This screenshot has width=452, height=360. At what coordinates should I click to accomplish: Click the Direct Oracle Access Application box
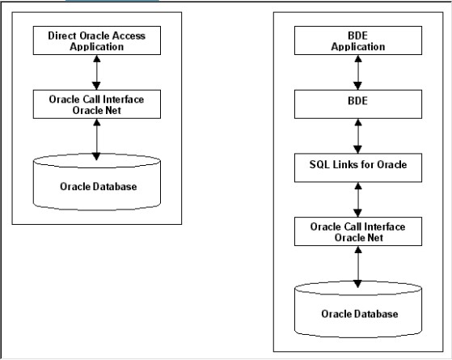[97, 40]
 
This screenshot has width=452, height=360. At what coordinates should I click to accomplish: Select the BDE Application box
[358, 40]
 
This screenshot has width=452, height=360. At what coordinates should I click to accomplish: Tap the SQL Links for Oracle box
[358, 167]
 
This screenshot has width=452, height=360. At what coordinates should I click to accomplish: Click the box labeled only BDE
[358, 104]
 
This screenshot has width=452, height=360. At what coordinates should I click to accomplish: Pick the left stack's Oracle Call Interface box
[97, 104]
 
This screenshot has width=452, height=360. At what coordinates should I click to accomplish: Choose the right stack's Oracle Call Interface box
[358, 231]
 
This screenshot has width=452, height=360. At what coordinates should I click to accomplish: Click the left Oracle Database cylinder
[97, 182]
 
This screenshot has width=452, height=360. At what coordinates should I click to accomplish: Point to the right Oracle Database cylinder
[358, 309]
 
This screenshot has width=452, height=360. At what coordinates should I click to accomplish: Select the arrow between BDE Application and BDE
[358, 72]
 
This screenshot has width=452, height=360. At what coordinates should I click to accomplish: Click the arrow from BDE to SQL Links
[358, 136]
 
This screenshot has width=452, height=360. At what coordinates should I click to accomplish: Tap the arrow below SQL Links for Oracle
[358, 200]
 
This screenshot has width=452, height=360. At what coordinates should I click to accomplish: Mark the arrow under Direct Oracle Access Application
[96, 72]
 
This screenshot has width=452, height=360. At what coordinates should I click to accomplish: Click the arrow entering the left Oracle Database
[96, 140]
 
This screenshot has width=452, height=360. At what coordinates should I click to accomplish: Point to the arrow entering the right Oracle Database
[358, 267]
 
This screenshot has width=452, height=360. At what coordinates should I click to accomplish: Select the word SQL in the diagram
[319, 164]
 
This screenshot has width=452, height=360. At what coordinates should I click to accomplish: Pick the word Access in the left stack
[129, 36]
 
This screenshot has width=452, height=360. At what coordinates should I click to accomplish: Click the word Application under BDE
[358, 47]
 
